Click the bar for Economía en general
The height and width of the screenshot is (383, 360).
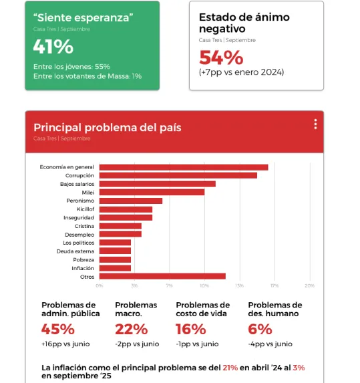click(x=184, y=167)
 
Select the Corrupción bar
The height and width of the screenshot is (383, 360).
click(x=178, y=175)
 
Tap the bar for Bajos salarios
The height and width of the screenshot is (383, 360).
click(x=158, y=184)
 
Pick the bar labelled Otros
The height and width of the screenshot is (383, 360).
click(x=162, y=276)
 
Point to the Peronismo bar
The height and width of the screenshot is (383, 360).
click(x=131, y=201)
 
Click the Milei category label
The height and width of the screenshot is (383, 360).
click(x=88, y=192)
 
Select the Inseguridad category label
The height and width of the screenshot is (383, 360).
click(x=79, y=217)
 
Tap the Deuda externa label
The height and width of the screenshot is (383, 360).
click(x=78, y=251)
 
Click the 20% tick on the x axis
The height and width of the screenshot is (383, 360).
click(x=309, y=285)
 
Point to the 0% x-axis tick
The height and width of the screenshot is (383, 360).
click(x=100, y=285)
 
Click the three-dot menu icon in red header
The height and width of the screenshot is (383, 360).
click(x=315, y=124)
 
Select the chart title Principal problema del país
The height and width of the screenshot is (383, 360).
click(x=108, y=127)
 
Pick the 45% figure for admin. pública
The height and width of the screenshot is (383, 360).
click(x=57, y=329)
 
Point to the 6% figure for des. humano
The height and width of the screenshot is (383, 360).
click(x=260, y=329)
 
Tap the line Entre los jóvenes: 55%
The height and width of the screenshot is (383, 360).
click(x=71, y=66)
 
